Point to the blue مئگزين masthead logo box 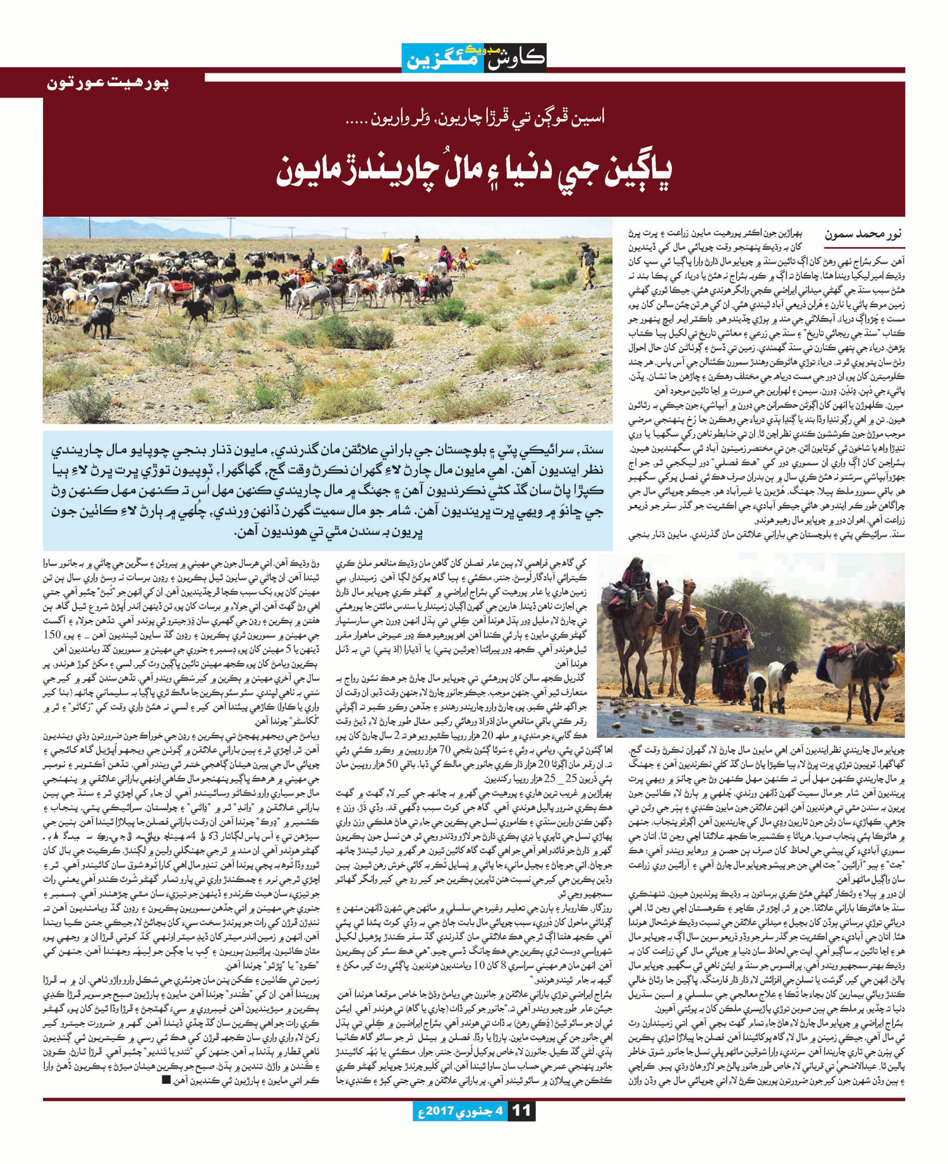pyautogui.click(x=442, y=58)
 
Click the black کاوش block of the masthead pyautogui.click(x=514, y=58)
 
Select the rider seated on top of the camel pyautogui.click(x=636, y=575)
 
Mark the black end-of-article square pyautogui.click(x=166, y=1080)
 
